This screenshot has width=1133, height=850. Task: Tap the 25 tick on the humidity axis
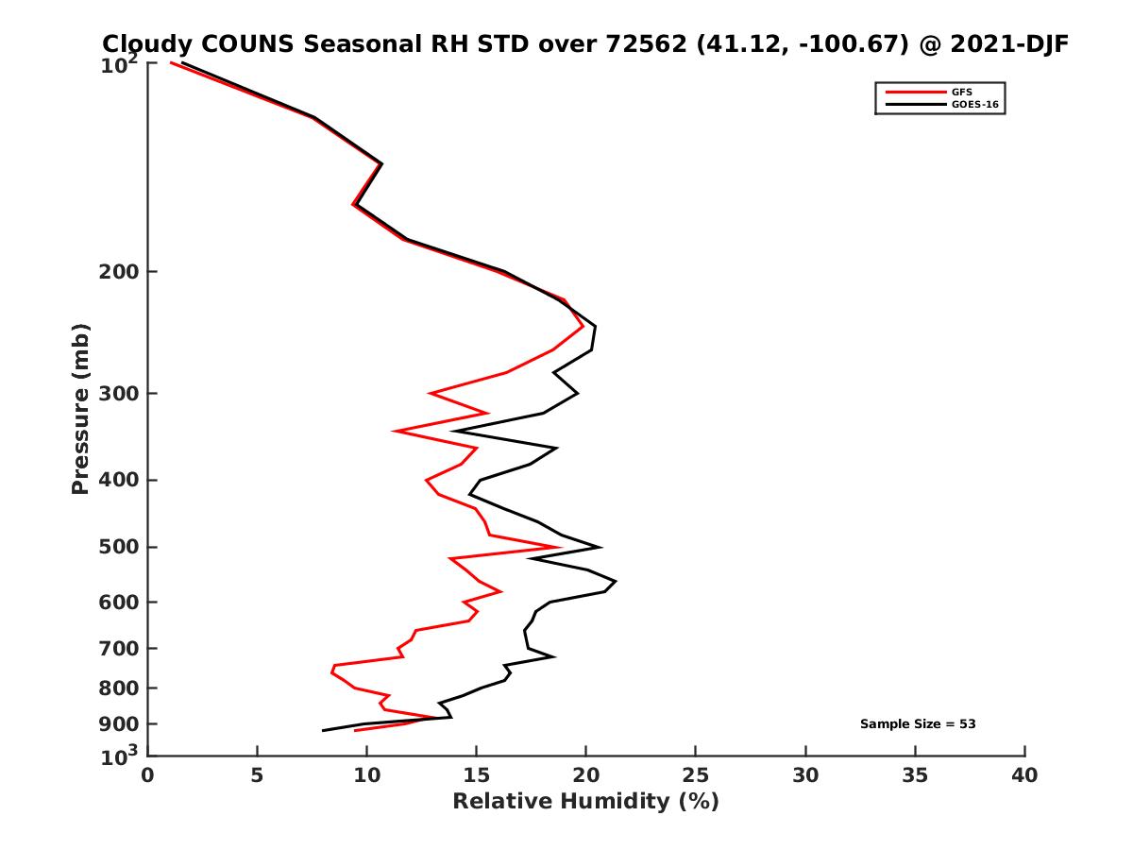696,775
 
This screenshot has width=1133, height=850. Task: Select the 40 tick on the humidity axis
1024,775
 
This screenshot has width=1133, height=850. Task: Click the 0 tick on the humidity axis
147,775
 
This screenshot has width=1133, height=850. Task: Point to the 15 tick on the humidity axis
476,775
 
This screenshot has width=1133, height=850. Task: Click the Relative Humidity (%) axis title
585,802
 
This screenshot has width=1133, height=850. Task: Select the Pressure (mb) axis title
80,409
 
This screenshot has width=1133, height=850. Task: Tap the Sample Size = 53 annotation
918,724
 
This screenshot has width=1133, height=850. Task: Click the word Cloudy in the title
144,44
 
